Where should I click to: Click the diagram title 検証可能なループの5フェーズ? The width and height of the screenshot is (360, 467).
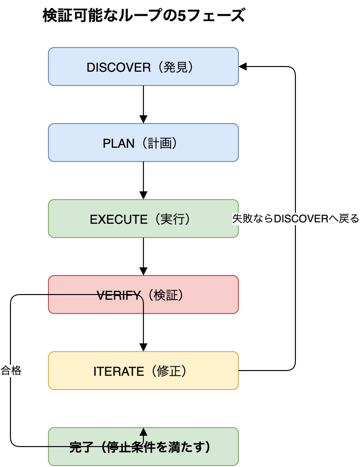click(x=144, y=16)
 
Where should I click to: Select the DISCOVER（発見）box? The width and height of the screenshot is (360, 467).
click(x=143, y=67)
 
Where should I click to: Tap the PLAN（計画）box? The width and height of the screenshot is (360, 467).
click(x=143, y=143)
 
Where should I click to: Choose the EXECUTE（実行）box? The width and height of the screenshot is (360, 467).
click(x=143, y=219)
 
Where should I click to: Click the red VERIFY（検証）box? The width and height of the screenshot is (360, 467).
click(x=143, y=295)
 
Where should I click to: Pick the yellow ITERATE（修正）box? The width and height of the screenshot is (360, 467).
click(x=143, y=371)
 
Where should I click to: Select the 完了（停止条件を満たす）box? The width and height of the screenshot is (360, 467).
click(x=143, y=447)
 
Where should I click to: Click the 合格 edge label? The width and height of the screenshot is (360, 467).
click(x=11, y=371)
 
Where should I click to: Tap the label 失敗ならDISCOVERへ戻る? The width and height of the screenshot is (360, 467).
click(x=295, y=219)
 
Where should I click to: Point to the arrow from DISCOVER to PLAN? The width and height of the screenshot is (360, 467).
click(x=143, y=105)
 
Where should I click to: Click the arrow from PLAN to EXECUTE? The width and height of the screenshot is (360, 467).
click(x=143, y=181)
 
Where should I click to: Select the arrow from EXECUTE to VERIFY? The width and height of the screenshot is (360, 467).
click(x=143, y=257)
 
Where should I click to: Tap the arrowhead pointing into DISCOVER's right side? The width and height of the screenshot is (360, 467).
click(x=242, y=67)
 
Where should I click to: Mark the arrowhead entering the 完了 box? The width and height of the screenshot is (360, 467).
click(x=143, y=431)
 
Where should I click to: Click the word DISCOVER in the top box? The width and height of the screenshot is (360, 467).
click(x=119, y=67)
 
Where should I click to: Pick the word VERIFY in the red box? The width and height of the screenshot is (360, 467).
click(x=119, y=295)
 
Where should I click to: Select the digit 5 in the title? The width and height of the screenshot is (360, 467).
click(x=181, y=16)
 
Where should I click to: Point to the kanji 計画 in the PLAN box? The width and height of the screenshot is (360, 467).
click(x=160, y=143)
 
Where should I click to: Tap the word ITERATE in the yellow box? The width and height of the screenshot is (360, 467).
click(x=119, y=372)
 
